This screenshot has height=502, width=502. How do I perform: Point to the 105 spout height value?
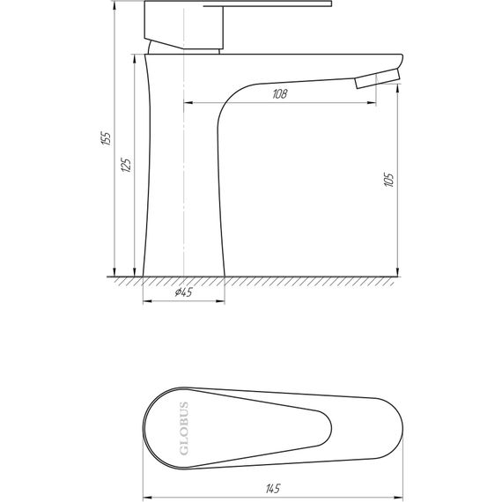point(388,181)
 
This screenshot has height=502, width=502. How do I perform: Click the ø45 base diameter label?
point(184,293)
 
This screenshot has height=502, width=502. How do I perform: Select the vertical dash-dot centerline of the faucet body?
point(182,176)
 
